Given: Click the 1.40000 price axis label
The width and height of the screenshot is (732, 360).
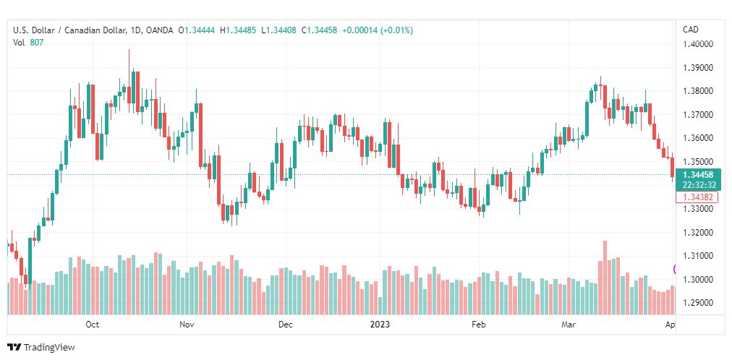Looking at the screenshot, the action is [x=699, y=44].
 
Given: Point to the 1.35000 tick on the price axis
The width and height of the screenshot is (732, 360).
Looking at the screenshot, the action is [x=699, y=162].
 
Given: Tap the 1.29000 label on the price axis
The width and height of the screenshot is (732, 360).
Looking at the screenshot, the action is [x=699, y=303].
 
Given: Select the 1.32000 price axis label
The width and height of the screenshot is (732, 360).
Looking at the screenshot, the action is [x=699, y=232].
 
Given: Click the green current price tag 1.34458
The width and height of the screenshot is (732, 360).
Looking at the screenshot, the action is [x=699, y=175].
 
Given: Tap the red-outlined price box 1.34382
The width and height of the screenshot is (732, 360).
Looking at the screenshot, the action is [x=697, y=197].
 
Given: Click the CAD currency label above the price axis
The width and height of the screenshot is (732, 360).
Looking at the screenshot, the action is [x=691, y=30].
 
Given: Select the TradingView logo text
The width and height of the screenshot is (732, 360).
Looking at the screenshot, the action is [x=49, y=348].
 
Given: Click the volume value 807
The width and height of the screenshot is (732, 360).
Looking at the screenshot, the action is [x=37, y=42].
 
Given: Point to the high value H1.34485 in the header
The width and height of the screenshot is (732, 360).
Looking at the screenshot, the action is [x=242, y=30].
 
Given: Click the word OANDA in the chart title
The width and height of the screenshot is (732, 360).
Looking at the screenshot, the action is [x=159, y=30].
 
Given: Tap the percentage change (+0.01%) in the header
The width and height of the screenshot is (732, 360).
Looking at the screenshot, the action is [x=397, y=30].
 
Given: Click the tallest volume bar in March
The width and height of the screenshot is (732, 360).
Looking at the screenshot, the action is [x=605, y=278].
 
